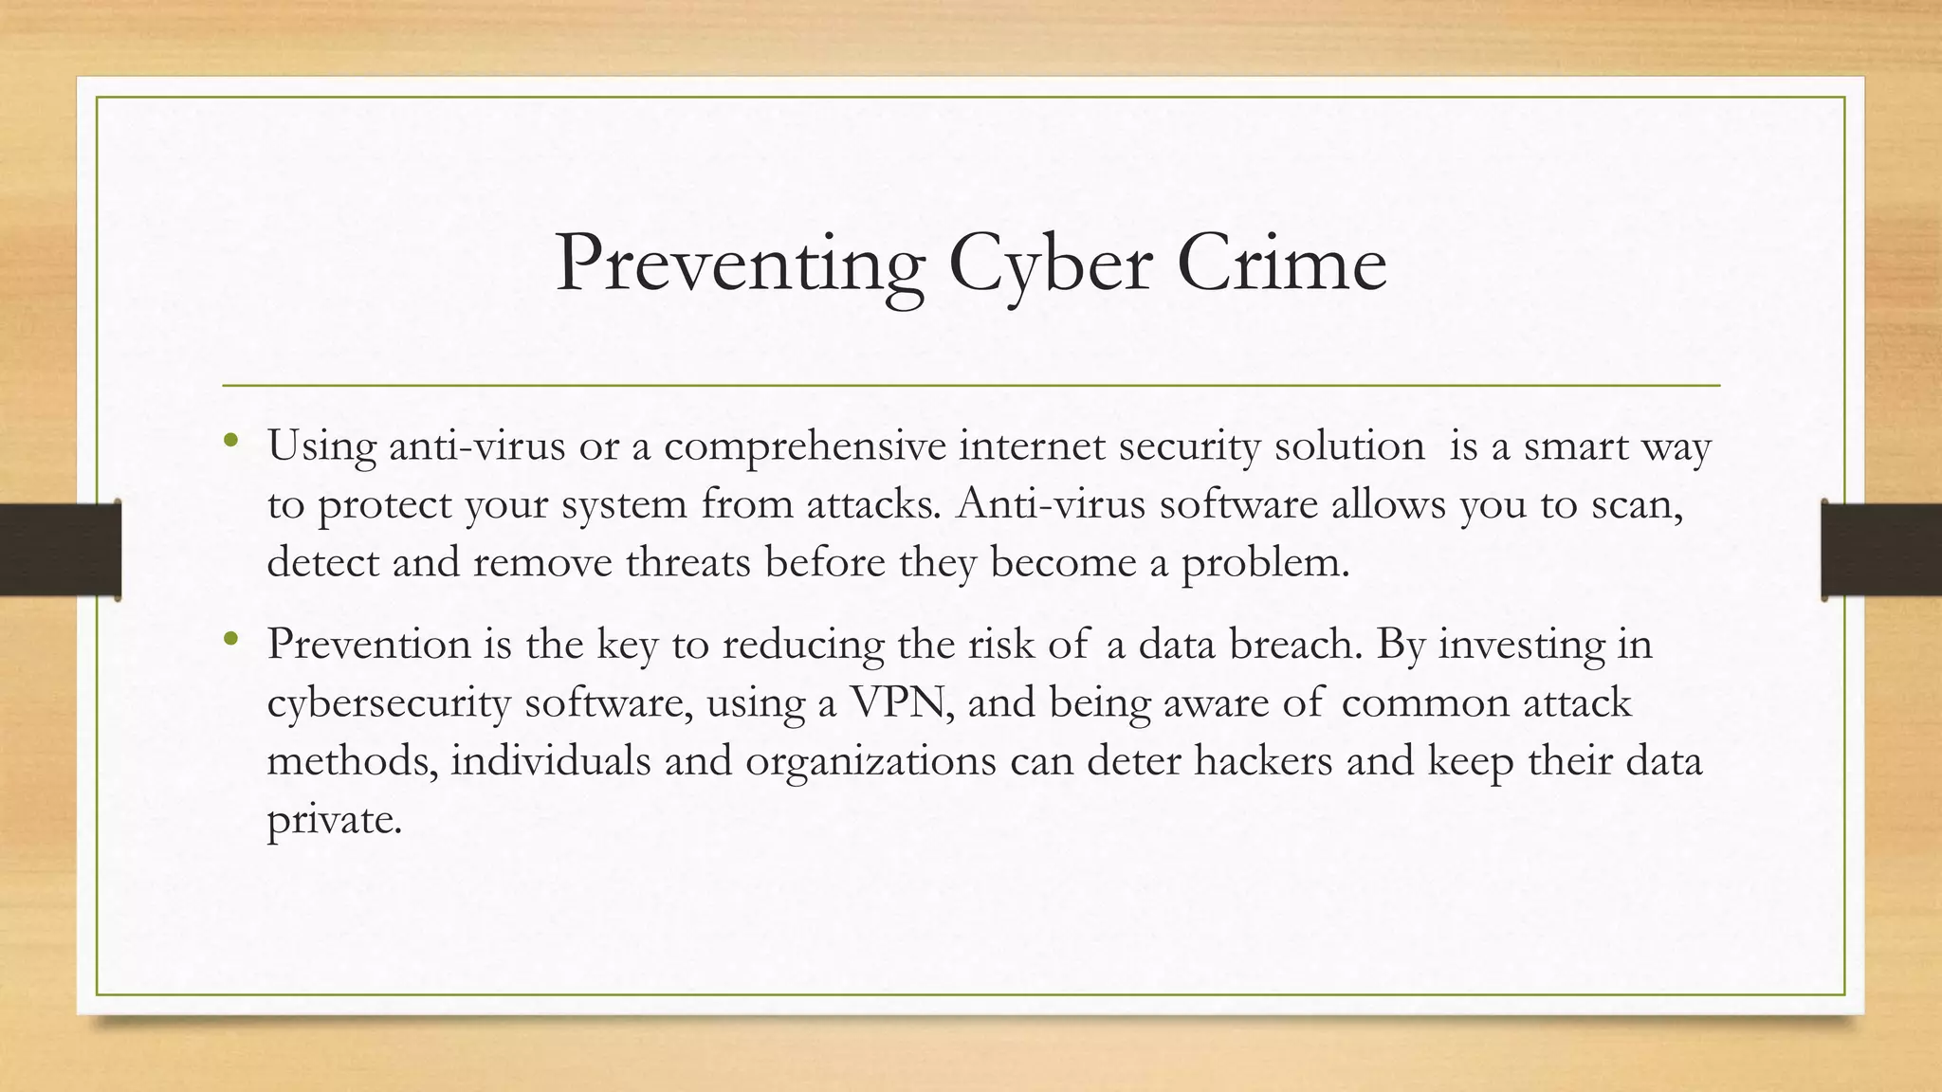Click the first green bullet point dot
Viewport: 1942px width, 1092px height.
pos(230,440)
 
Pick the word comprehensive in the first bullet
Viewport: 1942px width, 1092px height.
pos(804,446)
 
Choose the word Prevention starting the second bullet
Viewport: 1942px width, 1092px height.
pos(369,645)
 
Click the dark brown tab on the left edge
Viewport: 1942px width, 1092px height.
pos(60,550)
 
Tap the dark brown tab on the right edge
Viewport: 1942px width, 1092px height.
pos(1881,550)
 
